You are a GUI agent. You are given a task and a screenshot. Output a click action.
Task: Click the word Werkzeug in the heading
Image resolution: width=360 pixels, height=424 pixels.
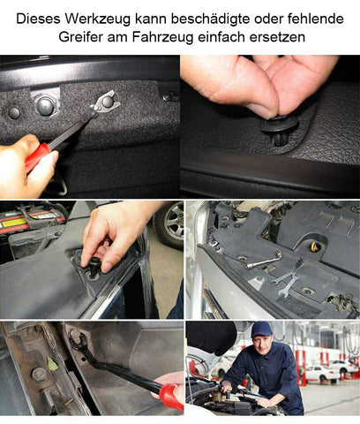tap(97, 19)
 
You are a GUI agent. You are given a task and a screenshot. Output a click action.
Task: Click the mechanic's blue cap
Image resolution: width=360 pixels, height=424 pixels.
tap(261, 329)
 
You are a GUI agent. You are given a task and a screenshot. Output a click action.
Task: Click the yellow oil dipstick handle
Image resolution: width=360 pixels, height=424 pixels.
tap(313, 246)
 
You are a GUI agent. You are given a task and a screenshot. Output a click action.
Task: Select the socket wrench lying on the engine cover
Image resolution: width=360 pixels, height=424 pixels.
tap(264, 260)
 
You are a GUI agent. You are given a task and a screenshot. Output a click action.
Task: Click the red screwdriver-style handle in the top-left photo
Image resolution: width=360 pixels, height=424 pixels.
tap(38, 158)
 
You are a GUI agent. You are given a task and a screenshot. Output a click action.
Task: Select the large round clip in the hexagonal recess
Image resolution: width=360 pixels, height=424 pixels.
tap(46, 105)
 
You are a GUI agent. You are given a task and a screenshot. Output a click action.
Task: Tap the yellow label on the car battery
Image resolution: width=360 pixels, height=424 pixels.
tap(14, 223)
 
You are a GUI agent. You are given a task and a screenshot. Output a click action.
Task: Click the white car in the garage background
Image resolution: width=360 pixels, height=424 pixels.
tap(321, 373)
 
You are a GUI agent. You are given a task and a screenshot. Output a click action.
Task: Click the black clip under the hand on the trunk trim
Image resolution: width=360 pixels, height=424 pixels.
tap(95, 266)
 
